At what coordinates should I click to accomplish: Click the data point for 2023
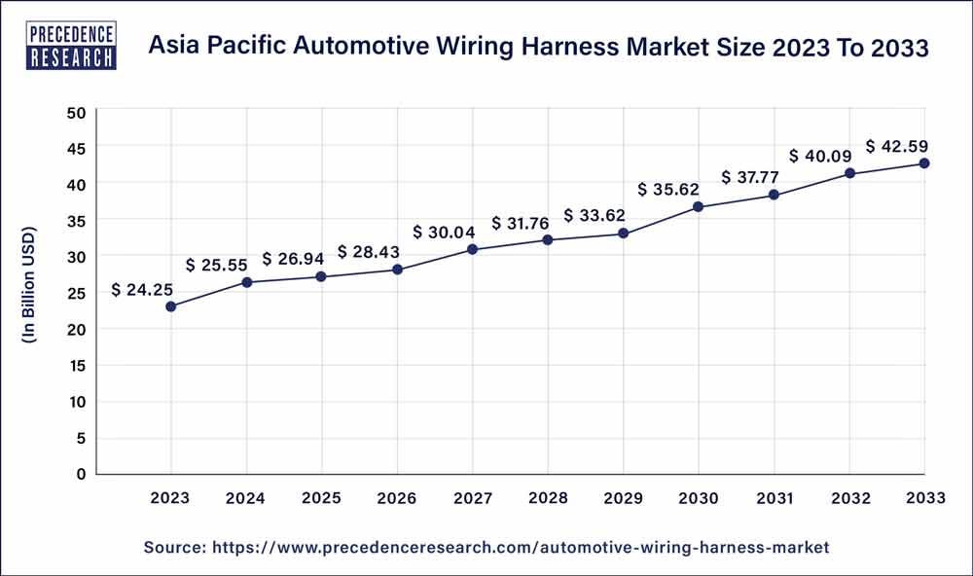point(171,306)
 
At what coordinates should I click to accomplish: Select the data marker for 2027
point(472,249)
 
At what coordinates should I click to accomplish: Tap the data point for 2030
point(698,206)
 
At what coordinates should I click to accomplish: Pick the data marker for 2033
point(923,163)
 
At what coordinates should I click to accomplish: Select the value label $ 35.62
point(669,189)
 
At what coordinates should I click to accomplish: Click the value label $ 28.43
point(370,251)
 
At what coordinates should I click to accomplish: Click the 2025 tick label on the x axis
point(321,498)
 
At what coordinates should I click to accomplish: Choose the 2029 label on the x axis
point(623,498)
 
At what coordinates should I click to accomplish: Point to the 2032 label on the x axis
point(848,498)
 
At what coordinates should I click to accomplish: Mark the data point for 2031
point(774,195)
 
